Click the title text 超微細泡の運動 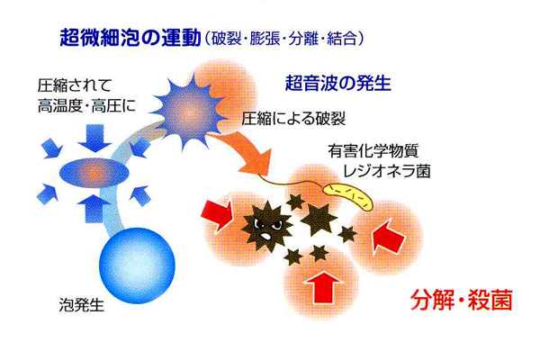pos(130,38)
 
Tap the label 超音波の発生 pos(338,83)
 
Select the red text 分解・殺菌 pos(462,300)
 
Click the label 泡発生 pos(82,304)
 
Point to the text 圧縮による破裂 pos(293,119)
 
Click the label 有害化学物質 pos(373,151)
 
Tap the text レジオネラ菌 pos(387,171)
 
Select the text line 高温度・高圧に pos(86,105)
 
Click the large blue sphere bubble pos(137,265)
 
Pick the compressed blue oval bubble pos(94,171)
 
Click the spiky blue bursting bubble pos(188,111)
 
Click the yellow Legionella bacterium pos(347,196)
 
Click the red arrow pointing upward pos(324,287)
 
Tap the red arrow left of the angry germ pos(217,214)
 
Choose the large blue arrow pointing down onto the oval pos(94,138)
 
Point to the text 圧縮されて pos(75,85)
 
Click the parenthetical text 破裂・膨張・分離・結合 pos(284,39)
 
